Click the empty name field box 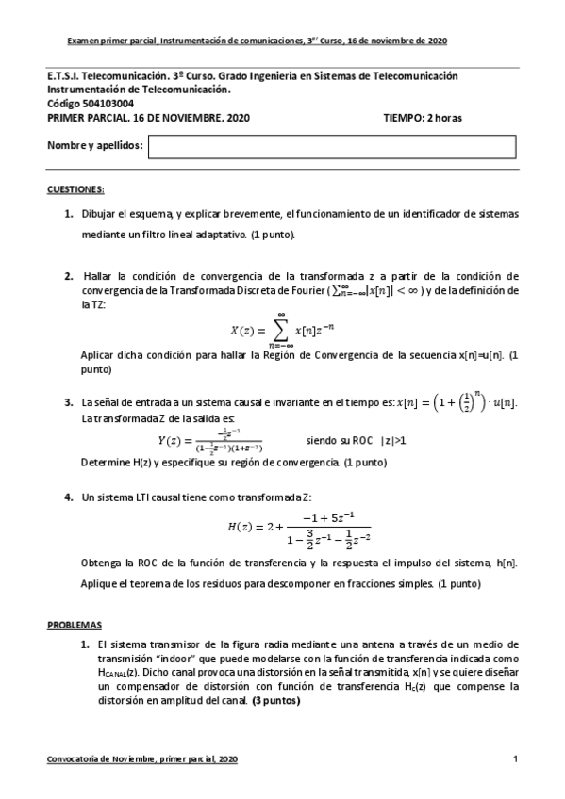pyautogui.click(x=332, y=146)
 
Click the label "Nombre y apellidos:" pyautogui.click(x=95, y=146)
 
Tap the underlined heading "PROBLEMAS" pyautogui.click(x=75, y=625)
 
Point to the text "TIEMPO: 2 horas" pyautogui.click(x=424, y=118)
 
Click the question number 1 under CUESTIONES pyautogui.click(x=69, y=214)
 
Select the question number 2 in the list pyautogui.click(x=69, y=276)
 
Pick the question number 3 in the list pyautogui.click(x=69, y=403)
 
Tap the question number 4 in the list pyautogui.click(x=69, y=497)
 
